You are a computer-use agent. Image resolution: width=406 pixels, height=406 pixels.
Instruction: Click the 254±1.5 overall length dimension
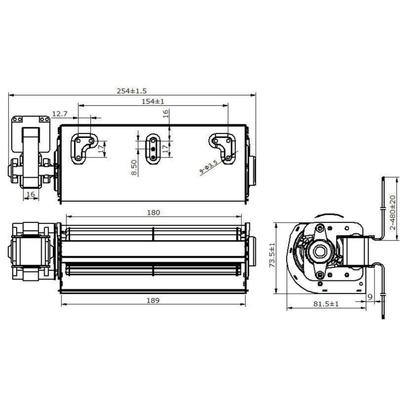[131, 90]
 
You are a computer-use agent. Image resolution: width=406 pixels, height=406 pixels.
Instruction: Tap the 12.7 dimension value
[59, 113]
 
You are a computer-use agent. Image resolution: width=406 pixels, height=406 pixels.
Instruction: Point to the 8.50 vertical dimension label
[133, 167]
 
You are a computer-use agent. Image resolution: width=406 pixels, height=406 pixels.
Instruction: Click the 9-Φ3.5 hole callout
[209, 167]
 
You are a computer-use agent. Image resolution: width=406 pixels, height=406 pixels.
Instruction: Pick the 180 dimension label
[154, 212]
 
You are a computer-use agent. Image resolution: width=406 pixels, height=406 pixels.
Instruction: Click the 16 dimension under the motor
[30, 194]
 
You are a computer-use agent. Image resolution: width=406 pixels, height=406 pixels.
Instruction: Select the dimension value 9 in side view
[370, 296]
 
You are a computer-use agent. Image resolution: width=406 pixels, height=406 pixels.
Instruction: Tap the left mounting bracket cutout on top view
[82, 148]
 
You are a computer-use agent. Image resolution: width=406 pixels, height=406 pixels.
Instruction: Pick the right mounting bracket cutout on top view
[223, 148]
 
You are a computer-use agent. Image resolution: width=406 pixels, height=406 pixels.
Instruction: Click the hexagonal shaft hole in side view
[319, 250]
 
